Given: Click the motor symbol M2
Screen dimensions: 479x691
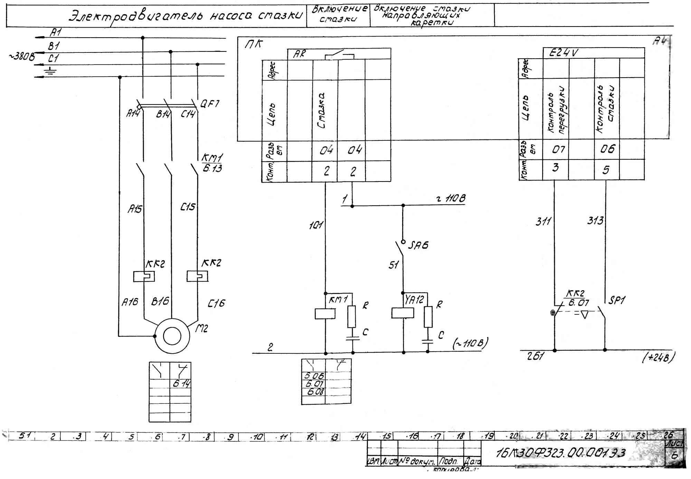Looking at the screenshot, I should pyautogui.click(x=172, y=336).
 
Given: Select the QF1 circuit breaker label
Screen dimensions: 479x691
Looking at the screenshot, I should pyautogui.click(x=210, y=104).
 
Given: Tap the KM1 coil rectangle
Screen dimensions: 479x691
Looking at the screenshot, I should pyautogui.click(x=325, y=314).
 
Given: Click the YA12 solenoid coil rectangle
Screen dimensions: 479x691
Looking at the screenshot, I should pyautogui.click(x=403, y=313).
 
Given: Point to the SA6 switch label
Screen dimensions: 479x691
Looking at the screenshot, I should pyautogui.click(x=418, y=245).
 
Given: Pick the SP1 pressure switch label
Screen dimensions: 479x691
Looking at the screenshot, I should pyautogui.click(x=617, y=300).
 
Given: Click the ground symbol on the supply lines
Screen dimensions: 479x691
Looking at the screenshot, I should pyautogui.click(x=51, y=71).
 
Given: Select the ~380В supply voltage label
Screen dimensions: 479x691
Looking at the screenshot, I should pyautogui.click(x=21, y=57).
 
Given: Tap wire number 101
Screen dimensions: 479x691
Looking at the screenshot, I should pyautogui.click(x=316, y=225).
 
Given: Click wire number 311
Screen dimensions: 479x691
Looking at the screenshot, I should pyautogui.click(x=543, y=221).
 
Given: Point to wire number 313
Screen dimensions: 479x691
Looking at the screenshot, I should pyautogui.click(x=595, y=220).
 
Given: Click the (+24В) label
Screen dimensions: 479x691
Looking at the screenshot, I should pyautogui.click(x=658, y=358).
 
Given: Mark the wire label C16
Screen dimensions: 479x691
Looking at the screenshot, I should pyautogui.click(x=216, y=303).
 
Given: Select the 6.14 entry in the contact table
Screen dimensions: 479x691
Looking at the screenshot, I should pyautogui.click(x=181, y=383).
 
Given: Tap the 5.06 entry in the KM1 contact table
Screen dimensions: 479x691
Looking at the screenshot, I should pyautogui.click(x=314, y=376).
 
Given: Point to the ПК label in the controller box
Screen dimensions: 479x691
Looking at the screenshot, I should pyautogui.click(x=254, y=44).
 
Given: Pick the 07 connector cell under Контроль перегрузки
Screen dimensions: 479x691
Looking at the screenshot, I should pyautogui.click(x=558, y=149).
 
